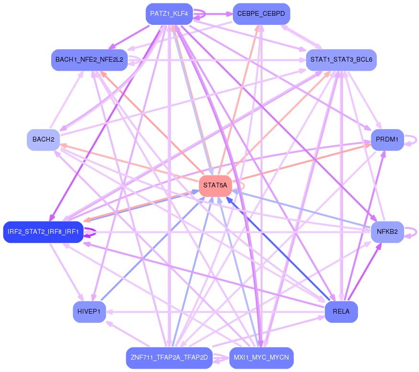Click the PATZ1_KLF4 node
[x=169, y=14]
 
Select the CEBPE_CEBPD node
[x=261, y=14]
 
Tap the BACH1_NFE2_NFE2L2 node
[x=89, y=60]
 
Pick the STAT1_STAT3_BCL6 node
[x=341, y=60]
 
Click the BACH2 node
[x=44, y=140]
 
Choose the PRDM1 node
[x=387, y=140]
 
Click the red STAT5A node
[x=215, y=186]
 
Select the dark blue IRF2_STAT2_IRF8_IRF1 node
[x=44, y=232]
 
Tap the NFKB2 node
[x=387, y=232]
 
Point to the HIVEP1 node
[x=89, y=312]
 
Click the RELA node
[x=341, y=312]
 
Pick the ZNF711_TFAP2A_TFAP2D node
[x=169, y=358]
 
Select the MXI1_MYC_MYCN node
[x=261, y=358]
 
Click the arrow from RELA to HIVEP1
[x=215, y=312]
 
